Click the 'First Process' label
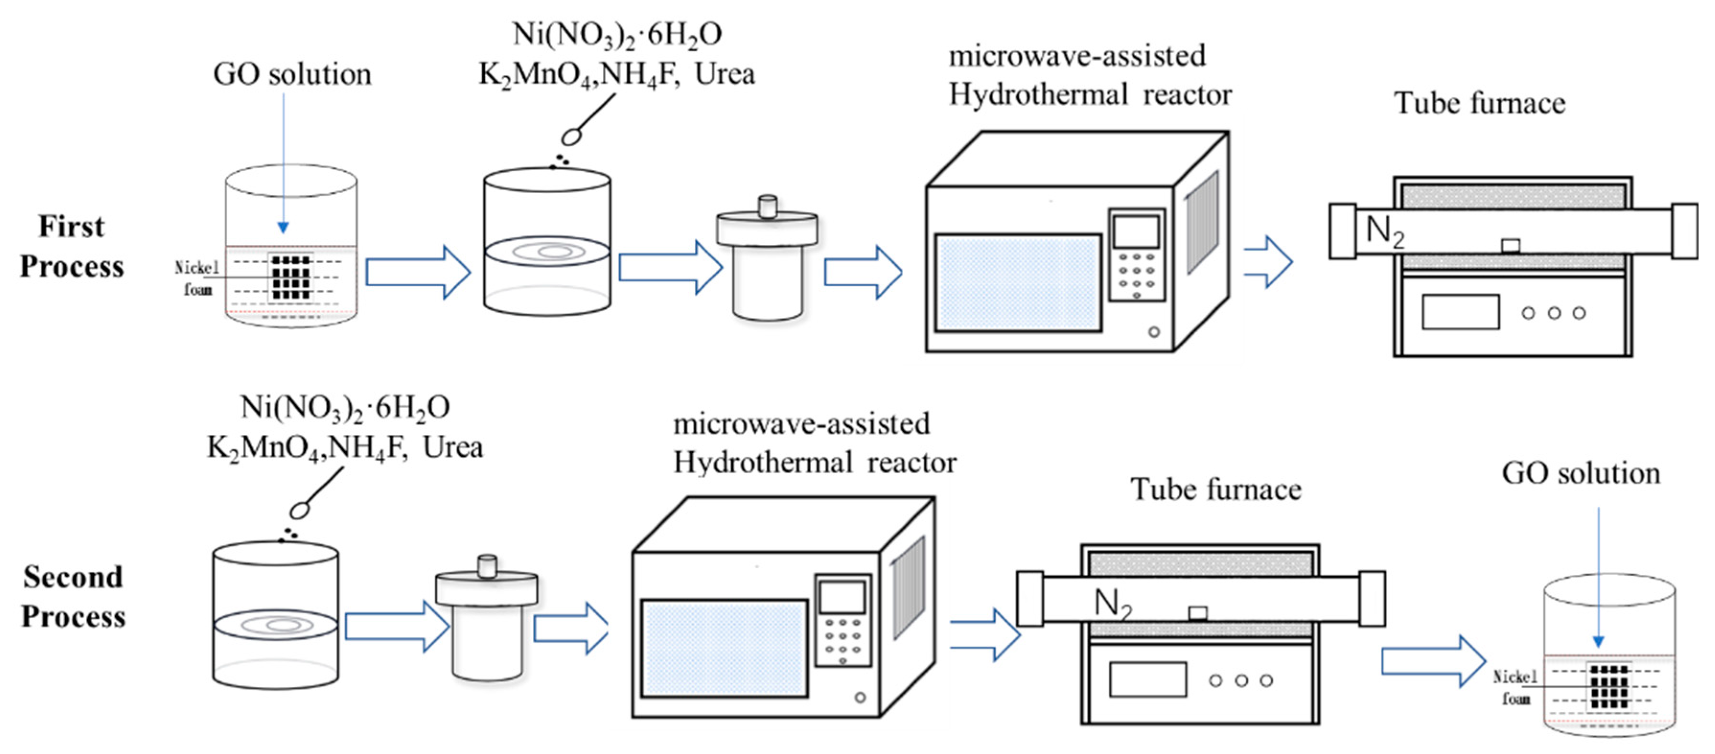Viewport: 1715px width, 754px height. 71,246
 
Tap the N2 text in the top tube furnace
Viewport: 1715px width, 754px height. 1385,231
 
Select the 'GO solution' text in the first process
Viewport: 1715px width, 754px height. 292,74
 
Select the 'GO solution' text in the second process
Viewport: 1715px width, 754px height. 1580,474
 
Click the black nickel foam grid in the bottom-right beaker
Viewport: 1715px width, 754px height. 1609,686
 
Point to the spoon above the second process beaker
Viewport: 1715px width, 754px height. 301,510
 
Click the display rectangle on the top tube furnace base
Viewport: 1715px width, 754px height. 1460,312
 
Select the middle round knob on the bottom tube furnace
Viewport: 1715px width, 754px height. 1241,681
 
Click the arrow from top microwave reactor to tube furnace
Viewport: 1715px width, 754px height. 1268,262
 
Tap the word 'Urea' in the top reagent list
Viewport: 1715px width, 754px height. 725,74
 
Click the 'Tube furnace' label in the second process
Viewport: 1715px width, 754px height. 1216,489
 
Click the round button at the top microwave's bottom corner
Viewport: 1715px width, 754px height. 1154,332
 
